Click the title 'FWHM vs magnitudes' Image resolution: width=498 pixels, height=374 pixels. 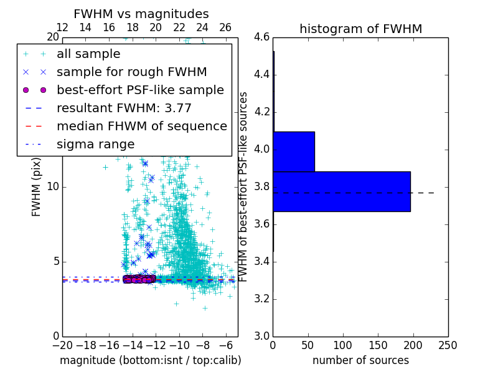point(141,14)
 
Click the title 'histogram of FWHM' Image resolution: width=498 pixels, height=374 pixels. point(360,29)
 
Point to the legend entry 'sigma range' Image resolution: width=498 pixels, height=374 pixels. point(95,145)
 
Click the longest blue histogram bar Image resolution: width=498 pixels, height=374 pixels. point(342,191)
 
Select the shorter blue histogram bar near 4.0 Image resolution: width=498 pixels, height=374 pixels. point(294,151)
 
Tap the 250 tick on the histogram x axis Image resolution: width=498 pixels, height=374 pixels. point(448,345)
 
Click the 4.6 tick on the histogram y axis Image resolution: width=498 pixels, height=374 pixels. point(261,37)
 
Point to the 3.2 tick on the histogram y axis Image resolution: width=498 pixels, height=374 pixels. point(261,299)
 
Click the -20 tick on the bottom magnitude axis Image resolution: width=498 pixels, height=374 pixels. point(62,345)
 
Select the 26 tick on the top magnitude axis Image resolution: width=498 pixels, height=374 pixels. point(225,28)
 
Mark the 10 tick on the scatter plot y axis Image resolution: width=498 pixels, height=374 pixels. point(52,187)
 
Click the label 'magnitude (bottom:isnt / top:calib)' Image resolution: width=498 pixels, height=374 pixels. point(150,360)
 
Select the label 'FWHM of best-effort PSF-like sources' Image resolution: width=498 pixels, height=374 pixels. point(244,186)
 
